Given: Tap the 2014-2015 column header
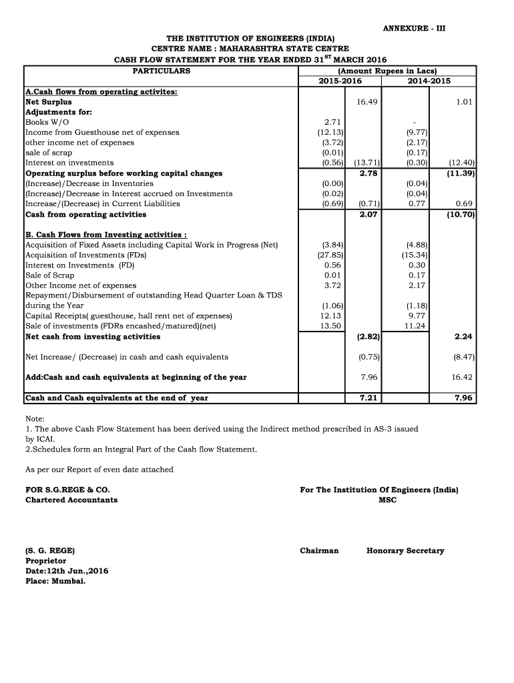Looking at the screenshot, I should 429,81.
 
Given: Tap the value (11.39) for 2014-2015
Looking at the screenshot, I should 461,173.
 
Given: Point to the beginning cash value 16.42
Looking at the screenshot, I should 462,377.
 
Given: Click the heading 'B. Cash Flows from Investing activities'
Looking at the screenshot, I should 105,235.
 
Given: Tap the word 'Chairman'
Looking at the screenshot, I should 319,551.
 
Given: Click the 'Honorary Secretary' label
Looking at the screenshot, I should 405,551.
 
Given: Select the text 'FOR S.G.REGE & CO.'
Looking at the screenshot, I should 67,490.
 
